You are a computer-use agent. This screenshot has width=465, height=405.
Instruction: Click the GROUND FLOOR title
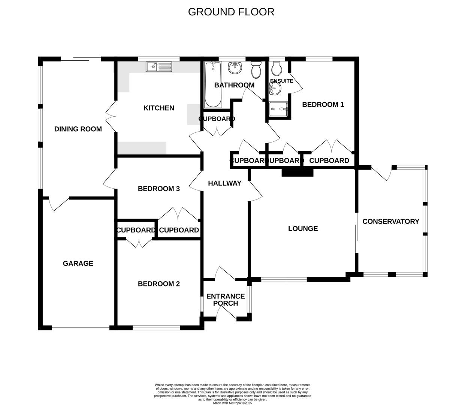pyautogui.click(x=231, y=12)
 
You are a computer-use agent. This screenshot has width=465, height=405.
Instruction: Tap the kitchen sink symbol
pyautogui.click(x=159, y=67)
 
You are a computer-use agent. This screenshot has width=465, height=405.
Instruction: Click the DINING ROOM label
pyautogui.click(x=78, y=129)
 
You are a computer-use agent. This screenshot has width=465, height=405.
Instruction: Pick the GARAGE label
pyautogui.click(x=78, y=264)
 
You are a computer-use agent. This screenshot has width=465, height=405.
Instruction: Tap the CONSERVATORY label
pyautogui.click(x=391, y=222)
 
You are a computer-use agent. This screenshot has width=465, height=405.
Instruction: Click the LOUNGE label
pyautogui.click(x=303, y=229)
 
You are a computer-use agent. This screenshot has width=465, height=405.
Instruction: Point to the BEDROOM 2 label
pyautogui.click(x=159, y=284)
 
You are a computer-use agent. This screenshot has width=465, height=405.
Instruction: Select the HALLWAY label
pyautogui.click(x=225, y=183)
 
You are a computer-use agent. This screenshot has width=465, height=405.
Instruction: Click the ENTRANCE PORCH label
pyautogui.click(x=226, y=300)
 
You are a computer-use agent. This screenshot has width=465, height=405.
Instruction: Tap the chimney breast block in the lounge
pyautogui.click(x=297, y=172)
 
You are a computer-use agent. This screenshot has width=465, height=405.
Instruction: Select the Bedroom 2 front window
pyautogui.click(x=156, y=327)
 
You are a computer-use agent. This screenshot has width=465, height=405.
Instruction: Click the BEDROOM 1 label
pyautogui.click(x=323, y=105)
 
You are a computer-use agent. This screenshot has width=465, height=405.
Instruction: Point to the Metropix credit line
pyautogui.click(x=232, y=403)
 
